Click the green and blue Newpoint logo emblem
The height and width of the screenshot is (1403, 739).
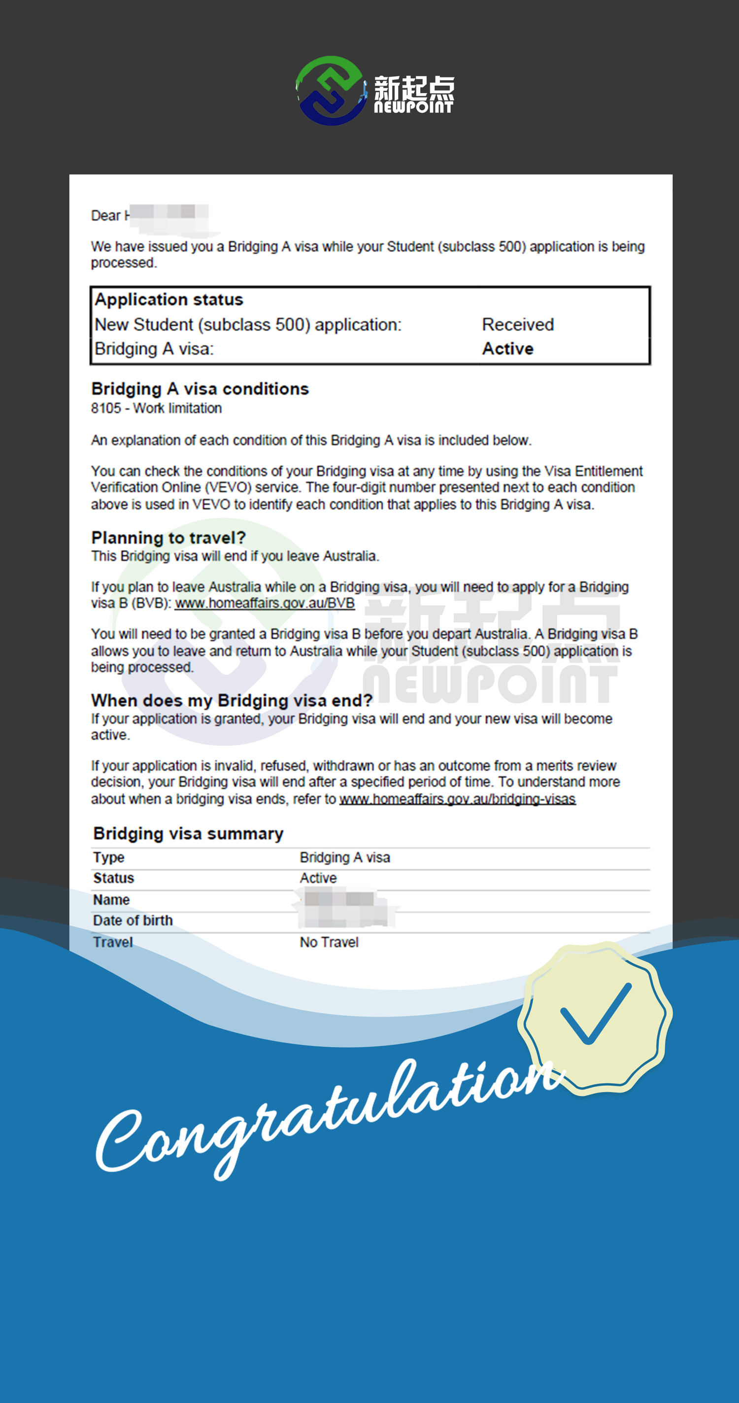(x=330, y=90)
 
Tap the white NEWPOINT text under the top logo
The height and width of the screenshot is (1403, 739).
(x=413, y=107)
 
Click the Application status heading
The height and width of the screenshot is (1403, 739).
(x=169, y=300)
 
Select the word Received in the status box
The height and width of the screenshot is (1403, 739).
(x=517, y=325)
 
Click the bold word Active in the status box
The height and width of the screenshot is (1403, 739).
(x=507, y=348)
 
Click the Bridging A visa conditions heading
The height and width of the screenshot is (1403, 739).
(x=200, y=389)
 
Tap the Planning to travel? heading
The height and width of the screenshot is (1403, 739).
(x=168, y=538)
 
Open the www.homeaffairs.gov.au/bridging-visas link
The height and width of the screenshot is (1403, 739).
(x=458, y=799)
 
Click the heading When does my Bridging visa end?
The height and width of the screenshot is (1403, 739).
(x=232, y=700)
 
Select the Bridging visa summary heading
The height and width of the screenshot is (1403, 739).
(x=188, y=834)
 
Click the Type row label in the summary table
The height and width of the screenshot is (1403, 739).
(x=109, y=857)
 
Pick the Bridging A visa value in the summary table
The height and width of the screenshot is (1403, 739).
(x=345, y=857)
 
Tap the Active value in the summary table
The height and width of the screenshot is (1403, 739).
(x=318, y=878)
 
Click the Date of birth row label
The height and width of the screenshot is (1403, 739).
(x=133, y=921)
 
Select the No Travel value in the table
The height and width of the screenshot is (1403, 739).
(x=329, y=942)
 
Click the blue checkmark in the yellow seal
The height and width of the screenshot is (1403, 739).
(x=596, y=1015)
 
